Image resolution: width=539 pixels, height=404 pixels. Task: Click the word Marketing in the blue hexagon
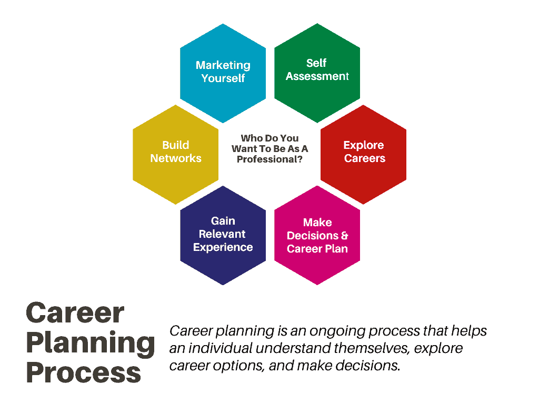pos(223,65)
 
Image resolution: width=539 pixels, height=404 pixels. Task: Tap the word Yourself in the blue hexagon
pos(223,78)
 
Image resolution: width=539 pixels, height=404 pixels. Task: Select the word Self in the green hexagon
pos(316,63)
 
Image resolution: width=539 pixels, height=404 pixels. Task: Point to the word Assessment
pos(317,76)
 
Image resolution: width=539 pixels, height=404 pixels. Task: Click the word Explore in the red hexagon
pos(364,145)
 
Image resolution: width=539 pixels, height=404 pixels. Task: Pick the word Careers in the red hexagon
pos(365,158)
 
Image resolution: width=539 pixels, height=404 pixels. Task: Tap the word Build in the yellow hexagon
pos(176,145)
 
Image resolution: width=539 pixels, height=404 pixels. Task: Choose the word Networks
pos(176,158)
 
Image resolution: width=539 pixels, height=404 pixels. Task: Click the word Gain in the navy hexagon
pos(223,220)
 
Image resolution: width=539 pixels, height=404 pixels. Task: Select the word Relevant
pos(222,234)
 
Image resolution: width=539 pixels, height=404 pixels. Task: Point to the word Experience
pos(223,247)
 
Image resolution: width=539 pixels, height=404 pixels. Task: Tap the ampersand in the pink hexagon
pos(344,236)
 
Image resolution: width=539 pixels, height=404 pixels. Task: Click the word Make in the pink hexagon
pos(317,223)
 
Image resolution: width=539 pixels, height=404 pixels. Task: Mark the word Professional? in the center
pos(269,159)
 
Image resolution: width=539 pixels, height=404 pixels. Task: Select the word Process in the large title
pos(84,372)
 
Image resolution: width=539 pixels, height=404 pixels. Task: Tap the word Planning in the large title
pos(91,344)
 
